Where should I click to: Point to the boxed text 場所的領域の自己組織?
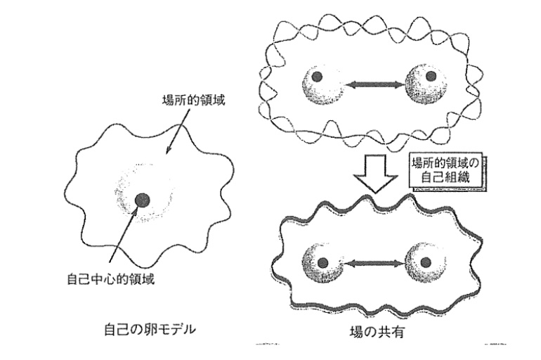coord(448,169)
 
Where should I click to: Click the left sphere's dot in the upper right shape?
coord(318,77)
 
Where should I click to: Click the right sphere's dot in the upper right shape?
coord(431,76)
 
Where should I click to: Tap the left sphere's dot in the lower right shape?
coord(323,263)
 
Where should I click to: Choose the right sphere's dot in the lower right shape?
coord(424,262)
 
